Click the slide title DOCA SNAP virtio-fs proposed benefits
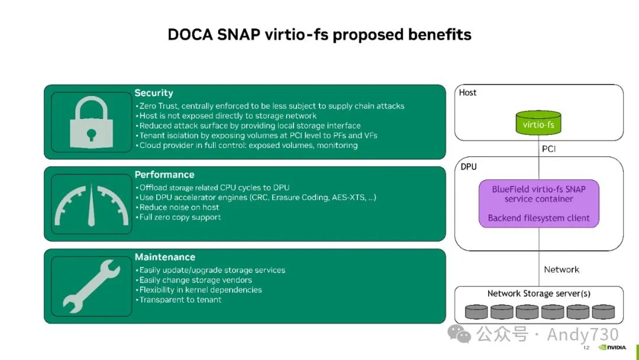tap(319, 35)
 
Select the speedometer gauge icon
tap(91, 205)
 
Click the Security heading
tap(154, 93)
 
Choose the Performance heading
tap(164, 175)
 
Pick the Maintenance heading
tap(165, 257)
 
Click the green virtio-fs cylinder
tap(538, 124)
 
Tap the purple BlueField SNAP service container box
tap(538, 204)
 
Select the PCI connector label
tap(549, 149)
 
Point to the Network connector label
tap(561, 269)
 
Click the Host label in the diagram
tap(467, 93)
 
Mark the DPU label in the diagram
tap(469, 167)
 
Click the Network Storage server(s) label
tap(538, 294)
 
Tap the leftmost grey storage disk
tap(477, 311)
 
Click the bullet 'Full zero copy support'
tap(180, 217)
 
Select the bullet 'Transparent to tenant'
tap(180, 300)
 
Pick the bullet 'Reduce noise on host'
tap(179, 207)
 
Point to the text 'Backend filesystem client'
tap(538, 218)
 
